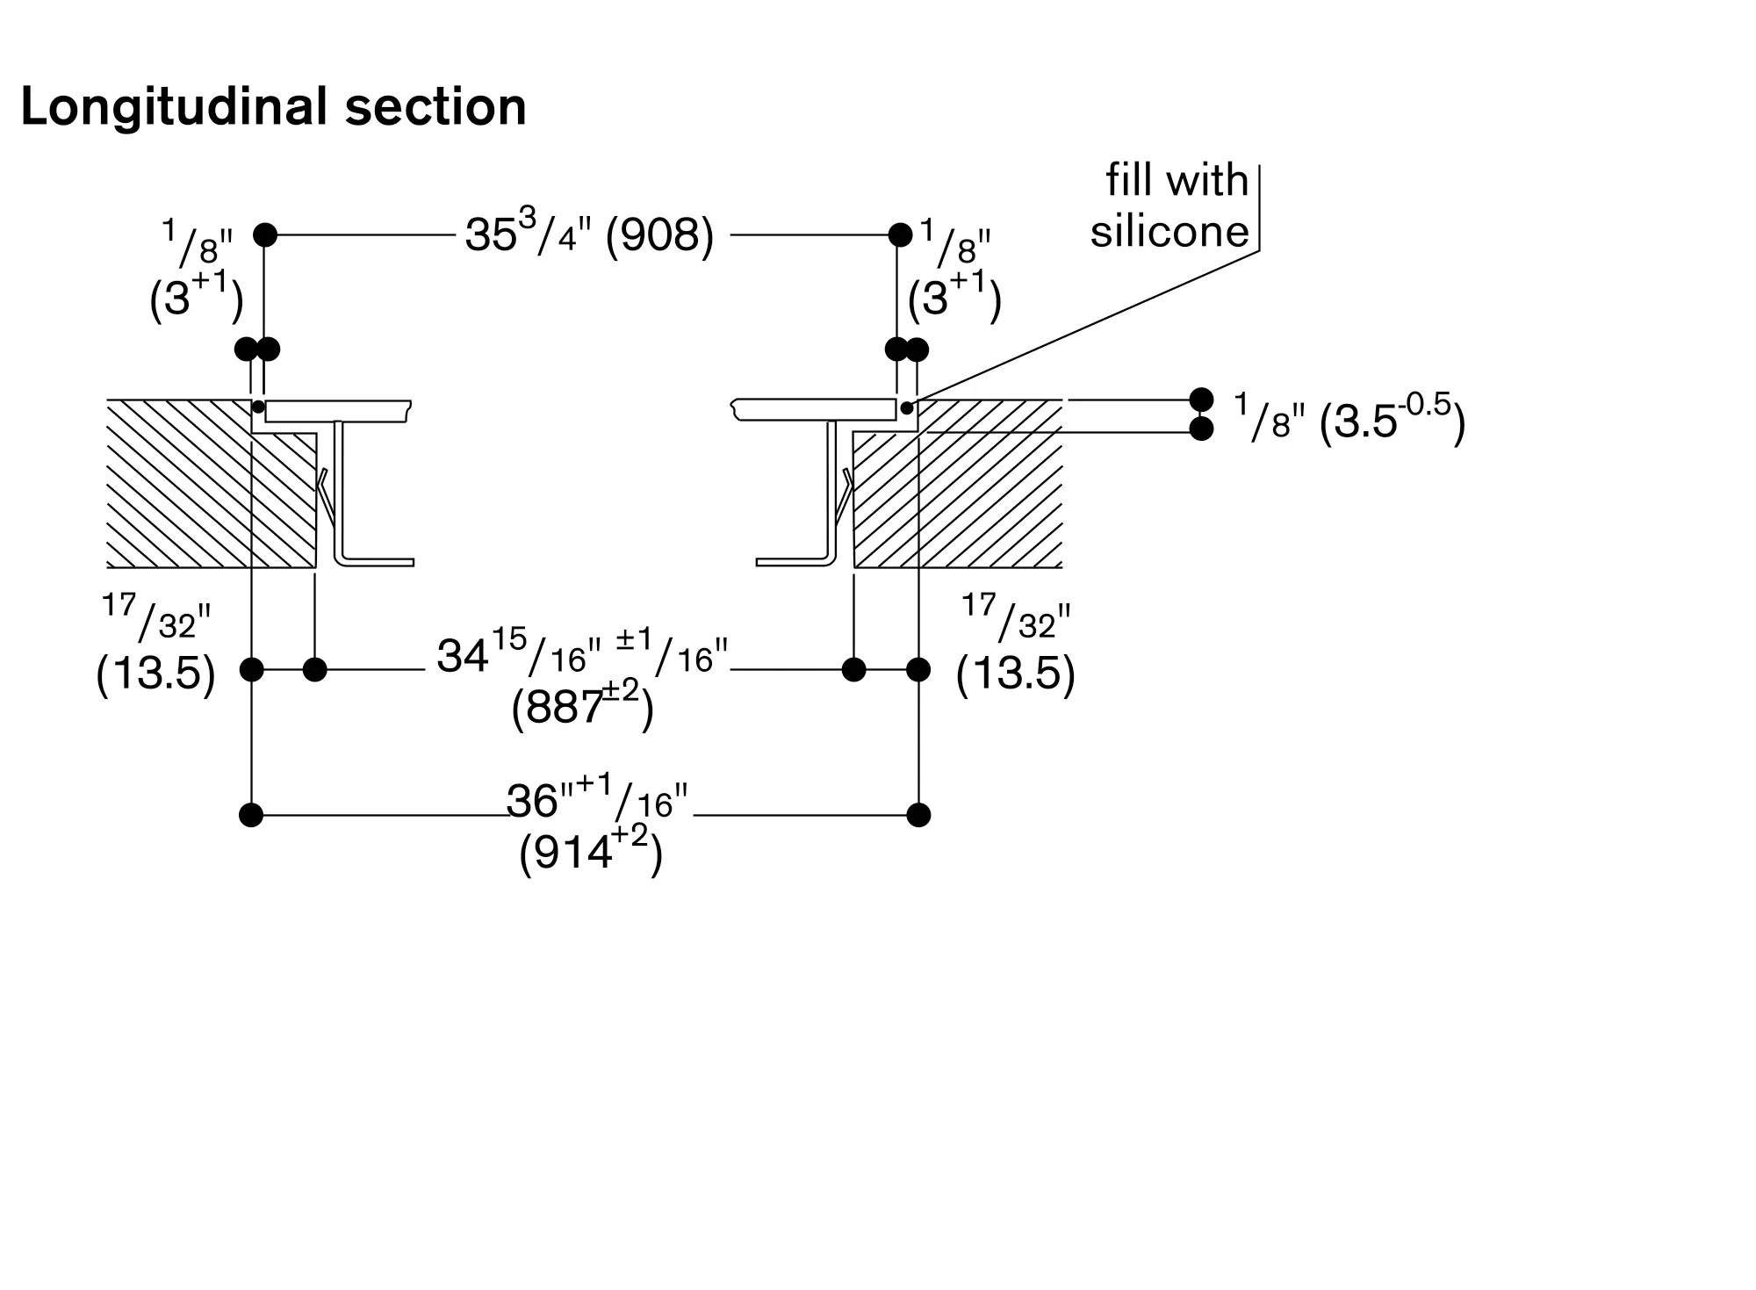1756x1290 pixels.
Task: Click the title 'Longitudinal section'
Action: click(x=273, y=107)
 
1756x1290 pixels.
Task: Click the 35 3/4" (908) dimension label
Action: click(x=589, y=234)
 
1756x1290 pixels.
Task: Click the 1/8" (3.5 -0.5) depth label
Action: click(x=1349, y=419)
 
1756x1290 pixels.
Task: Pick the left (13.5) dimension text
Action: click(x=155, y=674)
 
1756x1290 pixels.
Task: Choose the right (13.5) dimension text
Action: click(x=1015, y=674)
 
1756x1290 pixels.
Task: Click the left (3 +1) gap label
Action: click(x=195, y=298)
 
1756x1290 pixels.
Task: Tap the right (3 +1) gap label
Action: click(x=954, y=298)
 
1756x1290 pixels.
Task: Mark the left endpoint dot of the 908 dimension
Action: click(x=265, y=234)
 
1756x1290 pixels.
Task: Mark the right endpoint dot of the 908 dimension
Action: click(x=900, y=234)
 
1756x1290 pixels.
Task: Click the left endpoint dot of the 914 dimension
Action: click(x=251, y=815)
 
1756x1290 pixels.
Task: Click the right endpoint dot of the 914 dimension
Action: click(x=918, y=815)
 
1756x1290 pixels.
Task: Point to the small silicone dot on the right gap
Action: click(x=907, y=407)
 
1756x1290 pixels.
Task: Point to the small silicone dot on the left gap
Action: click(x=258, y=407)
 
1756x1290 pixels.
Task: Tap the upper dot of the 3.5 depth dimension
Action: click(x=1201, y=400)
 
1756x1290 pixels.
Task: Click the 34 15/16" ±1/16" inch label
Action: click(x=582, y=654)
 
